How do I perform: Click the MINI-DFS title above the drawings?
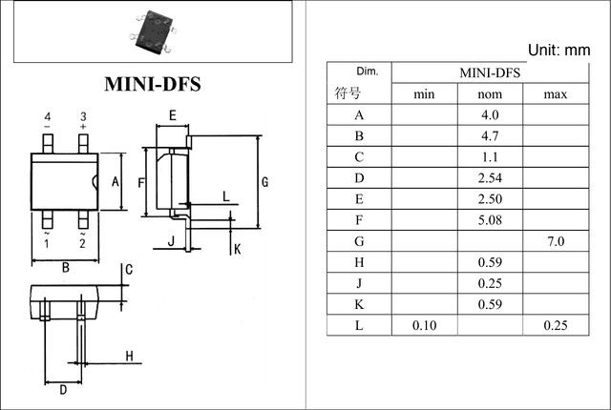coord(153,84)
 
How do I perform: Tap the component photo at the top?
coord(153,32)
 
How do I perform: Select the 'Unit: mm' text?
coord(558,51)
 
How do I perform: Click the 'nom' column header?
coord(490,94)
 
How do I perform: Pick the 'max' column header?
coord(556,94)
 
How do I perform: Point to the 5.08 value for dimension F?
coord(490,220)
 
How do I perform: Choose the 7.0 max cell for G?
coord(556,241)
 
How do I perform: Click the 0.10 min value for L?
coord(424,325)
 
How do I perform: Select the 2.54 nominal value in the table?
coord(490,178)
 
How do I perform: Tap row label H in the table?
coord(359,262)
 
